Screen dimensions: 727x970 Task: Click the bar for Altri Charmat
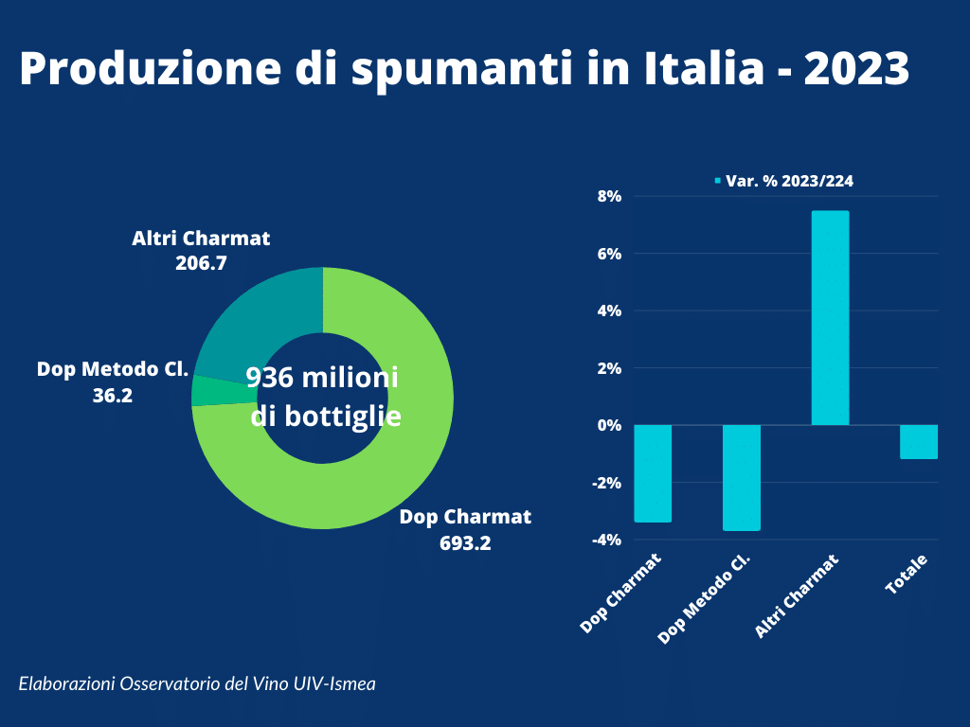830,318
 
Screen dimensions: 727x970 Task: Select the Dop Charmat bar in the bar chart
653,473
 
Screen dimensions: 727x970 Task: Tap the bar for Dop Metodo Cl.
742,477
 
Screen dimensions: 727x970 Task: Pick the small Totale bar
919,442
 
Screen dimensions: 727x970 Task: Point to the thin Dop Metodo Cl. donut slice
206,390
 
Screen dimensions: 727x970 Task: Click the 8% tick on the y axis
607,197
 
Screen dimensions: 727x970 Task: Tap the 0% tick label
607,425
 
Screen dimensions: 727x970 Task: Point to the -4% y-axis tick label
605,540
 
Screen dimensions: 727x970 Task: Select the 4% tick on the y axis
607,310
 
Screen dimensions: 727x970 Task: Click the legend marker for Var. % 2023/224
717,180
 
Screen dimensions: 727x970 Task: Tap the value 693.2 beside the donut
465,543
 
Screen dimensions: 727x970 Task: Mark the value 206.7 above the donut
201,263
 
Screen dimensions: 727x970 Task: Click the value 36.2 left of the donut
113,395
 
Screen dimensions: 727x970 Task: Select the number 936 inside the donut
269,378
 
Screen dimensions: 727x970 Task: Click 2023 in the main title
856,68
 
